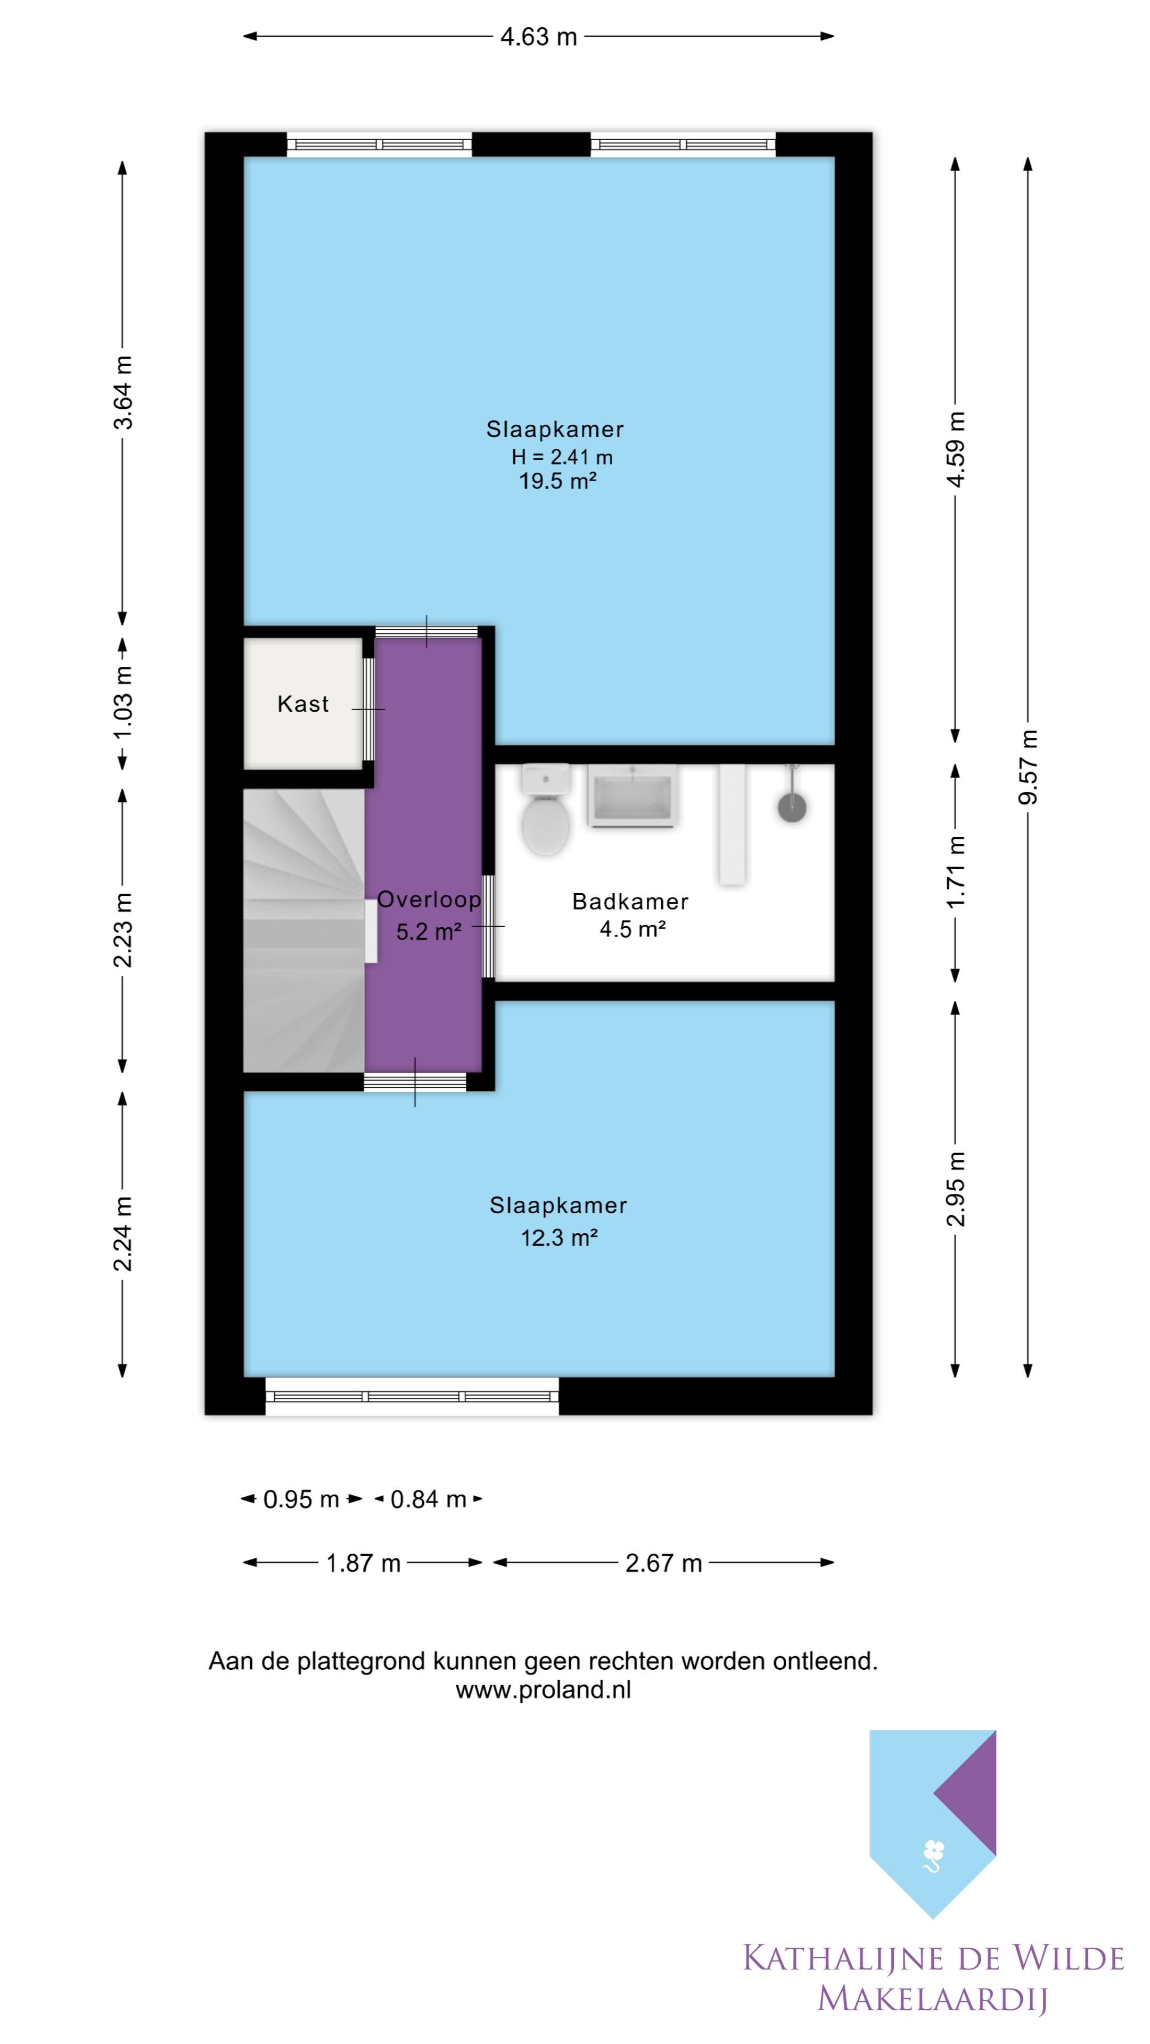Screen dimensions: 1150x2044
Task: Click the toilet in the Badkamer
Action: tap(546, 809)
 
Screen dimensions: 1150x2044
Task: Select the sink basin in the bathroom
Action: tap(632, 796)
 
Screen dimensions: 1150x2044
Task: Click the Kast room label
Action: tap(303, 704)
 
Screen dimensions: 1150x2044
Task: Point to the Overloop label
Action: tap(429, 899)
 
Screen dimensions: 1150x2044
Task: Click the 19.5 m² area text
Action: tap(558, 481)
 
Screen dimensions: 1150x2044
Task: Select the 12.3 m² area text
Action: tap(558, 1238)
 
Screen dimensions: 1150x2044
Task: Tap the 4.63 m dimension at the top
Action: tap(538, 37)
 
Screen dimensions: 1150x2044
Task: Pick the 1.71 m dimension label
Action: tap(956, 872)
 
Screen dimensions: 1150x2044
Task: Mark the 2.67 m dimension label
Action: tap(663, 1563)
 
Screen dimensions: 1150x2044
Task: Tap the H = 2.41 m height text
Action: tap(562, 457)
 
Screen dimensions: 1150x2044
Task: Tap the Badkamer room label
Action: tap(630, 901)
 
